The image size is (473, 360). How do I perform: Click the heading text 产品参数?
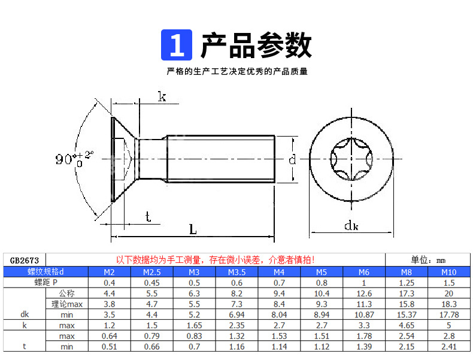click(x=256, y=46)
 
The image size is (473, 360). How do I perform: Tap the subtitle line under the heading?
click(x=237, y=72)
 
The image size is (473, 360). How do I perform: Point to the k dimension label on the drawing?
click(x=162, y=97)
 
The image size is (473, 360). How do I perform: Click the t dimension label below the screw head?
click(x=147, y=217)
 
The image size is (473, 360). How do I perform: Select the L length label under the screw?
click(x=193, y=229)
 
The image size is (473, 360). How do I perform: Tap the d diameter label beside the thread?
click(x=292, y=159)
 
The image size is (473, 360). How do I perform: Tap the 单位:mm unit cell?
click(x=428, y=260)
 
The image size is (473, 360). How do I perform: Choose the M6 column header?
click(x=363, y=272)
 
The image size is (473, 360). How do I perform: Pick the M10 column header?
click(x=448, y=272)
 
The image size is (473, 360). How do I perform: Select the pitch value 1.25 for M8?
click(x=407, y=282)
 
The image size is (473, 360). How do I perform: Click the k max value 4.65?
click(x=407, y=325)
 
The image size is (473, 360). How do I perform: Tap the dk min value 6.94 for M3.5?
click(x=236, y=314)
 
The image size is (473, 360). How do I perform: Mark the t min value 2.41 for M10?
click(x=448, y=347)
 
